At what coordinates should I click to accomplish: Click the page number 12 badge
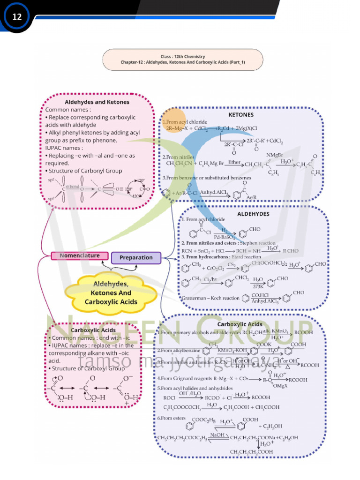(17, 17)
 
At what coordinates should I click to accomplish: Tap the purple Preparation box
(136, 257)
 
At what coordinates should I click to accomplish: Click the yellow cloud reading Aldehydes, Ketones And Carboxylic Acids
(111, 292)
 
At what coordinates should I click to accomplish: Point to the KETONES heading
(241, 114)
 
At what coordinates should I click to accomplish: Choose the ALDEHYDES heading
(253, 214)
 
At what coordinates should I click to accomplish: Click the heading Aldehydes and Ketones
(97, 102)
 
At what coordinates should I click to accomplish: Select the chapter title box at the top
(183, 60)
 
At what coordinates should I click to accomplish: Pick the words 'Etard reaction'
(245, 257)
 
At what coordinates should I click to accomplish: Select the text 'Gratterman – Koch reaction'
(210, 298)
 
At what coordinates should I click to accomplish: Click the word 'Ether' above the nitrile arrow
(234, 162)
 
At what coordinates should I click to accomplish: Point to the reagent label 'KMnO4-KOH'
(232, 350)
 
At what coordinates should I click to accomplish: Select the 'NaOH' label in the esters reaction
(217, 435)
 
